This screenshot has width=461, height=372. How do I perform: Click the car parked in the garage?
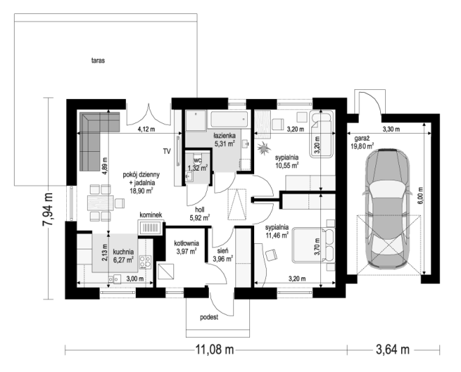point(387,209)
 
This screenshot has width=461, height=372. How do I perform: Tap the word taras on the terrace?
point(98,61)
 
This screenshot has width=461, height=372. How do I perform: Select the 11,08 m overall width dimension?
point(214,350)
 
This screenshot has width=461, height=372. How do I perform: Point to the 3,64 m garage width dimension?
point(393,350)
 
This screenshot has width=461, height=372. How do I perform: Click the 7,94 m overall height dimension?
point(47,209)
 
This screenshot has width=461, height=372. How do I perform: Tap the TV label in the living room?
point(166,151)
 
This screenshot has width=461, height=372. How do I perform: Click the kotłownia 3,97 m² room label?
point(187,247)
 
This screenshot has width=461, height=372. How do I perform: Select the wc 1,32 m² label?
point(198,164)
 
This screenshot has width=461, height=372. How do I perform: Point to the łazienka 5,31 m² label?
point(224,140)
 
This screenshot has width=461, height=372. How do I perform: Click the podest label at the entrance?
point(209,317)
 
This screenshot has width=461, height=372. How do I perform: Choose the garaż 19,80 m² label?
point(362,141)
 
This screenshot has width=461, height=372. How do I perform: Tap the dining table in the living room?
point(100,203)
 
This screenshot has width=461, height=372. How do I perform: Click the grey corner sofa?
point(95,136)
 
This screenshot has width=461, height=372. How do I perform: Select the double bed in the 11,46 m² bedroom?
point(313,245)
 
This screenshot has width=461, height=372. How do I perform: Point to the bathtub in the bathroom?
point(228,119)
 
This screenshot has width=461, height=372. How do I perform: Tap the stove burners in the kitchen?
point(146,262)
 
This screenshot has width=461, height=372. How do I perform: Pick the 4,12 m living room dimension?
point(146,129)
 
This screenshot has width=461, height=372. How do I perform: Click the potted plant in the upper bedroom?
point(263,148)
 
